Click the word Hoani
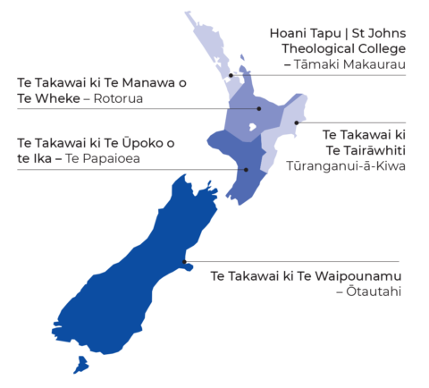coord(290,33)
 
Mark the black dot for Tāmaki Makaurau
coord(231,76)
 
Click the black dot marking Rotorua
coord(259,109)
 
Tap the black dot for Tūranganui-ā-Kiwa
coord(296,122)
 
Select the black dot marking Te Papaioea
coord(245,169)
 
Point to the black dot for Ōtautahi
coord(183,262)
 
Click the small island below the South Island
coord(82,364)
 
